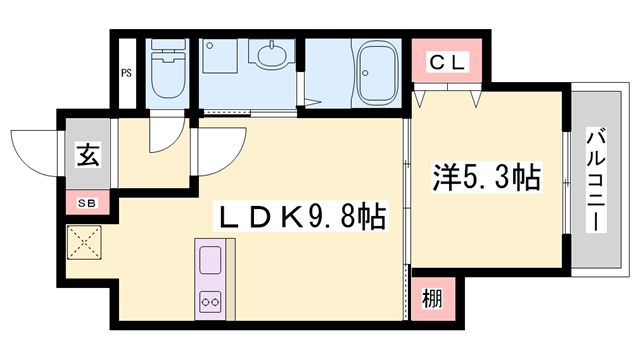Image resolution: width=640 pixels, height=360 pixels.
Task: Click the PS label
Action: (x=127, y=72)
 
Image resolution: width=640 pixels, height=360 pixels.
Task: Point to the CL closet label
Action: (x=448, y=63)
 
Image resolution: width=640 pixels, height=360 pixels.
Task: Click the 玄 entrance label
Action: (x=88, y=156)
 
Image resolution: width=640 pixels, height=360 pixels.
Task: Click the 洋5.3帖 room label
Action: (x=486, y=177)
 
